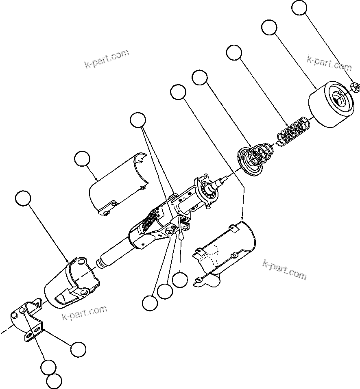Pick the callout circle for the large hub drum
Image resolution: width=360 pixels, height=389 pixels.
click(269, 27)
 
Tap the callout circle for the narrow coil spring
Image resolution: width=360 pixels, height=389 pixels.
click(234, 53)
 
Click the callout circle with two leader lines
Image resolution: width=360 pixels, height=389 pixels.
click(138, 120)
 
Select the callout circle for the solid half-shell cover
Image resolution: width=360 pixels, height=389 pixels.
click(83, 159)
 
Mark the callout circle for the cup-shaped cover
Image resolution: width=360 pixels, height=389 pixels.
click(23, 198)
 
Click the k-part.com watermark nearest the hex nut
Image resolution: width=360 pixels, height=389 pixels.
click(329, 63)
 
